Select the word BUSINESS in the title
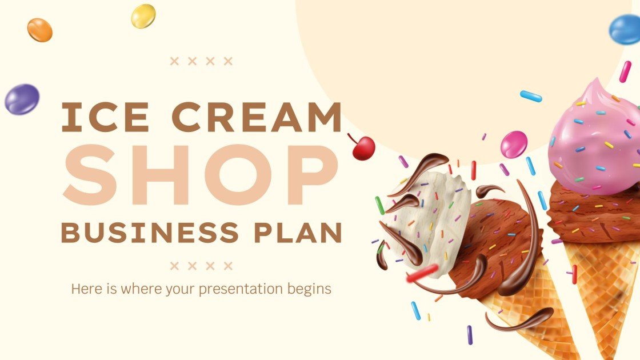click(x=150, y=233)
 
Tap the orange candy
click(x=39, y=30)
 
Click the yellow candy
click(x=143, y=16)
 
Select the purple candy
click(x=22, y=99)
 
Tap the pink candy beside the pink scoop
click(x=514, y=145)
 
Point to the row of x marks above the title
click(x=202, y=61)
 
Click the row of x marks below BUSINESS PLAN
click(x=202, y=266)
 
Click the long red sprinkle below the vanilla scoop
click(x=422, y=273)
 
